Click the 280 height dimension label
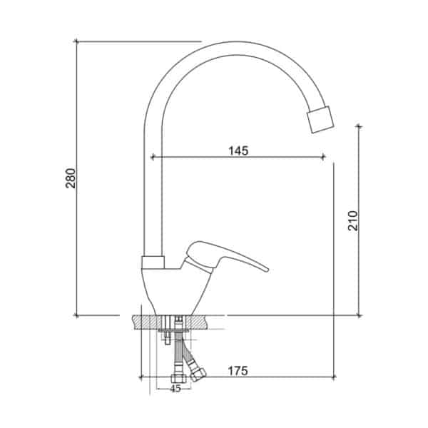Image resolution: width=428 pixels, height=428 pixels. pyautogui.click(x=71, y=178)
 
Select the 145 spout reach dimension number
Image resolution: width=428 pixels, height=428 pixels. pyautogui.click(x=238, y=151)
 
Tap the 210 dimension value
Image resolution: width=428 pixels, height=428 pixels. pyautogui.click(x=352, y=220)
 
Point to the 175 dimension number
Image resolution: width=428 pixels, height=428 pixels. pyautogui.click(x=238, y=371)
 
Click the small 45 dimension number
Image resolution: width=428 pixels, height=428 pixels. pyautogui.click(x=175, y=389)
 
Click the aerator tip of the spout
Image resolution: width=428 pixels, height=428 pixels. pyautogui.click(x=320, y=120)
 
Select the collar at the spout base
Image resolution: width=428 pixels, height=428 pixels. pyautogui.click(x=153, y=263)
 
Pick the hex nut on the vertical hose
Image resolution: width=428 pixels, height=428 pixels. pyautogui.click(x=179, y=379)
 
